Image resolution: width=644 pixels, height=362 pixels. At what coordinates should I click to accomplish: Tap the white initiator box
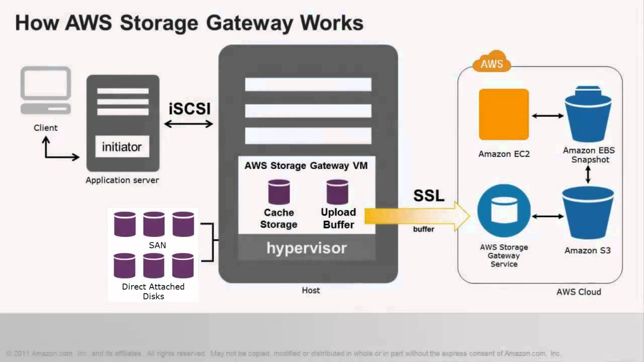click(x=122, y=147)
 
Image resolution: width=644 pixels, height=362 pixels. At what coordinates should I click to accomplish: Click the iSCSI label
click(x=189, y=108)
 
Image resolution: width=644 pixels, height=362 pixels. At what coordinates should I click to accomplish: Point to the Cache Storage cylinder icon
click(x=279, y=192)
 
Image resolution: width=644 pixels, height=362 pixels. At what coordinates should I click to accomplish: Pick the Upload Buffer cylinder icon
click(x=337, y=192)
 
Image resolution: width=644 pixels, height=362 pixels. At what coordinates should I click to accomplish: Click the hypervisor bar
click(x=307, y=248)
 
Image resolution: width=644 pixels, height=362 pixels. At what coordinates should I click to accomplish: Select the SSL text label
click(x=429, y=196)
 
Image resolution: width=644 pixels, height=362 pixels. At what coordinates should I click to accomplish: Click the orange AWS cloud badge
click(x=492, y=63)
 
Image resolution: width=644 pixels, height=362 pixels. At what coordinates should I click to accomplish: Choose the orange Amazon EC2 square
click(x=504, y=115)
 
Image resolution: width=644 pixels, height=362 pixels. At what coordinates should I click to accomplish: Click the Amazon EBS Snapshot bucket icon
click(x=588, y=116)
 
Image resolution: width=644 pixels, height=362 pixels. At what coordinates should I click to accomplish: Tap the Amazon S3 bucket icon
click(x=588, y=214)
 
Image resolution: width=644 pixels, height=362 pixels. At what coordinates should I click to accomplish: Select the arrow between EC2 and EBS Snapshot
click(x=548, y=116)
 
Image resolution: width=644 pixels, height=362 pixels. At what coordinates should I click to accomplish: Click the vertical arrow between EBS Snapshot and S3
click(x=588, y=174)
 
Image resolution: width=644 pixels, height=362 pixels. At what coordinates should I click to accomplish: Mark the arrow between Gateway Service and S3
click(x=548, y=217)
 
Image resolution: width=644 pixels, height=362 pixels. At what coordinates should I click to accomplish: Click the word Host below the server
click(x=310, y=290)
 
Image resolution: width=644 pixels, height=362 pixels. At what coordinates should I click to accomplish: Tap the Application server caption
click(x=122, y=180)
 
